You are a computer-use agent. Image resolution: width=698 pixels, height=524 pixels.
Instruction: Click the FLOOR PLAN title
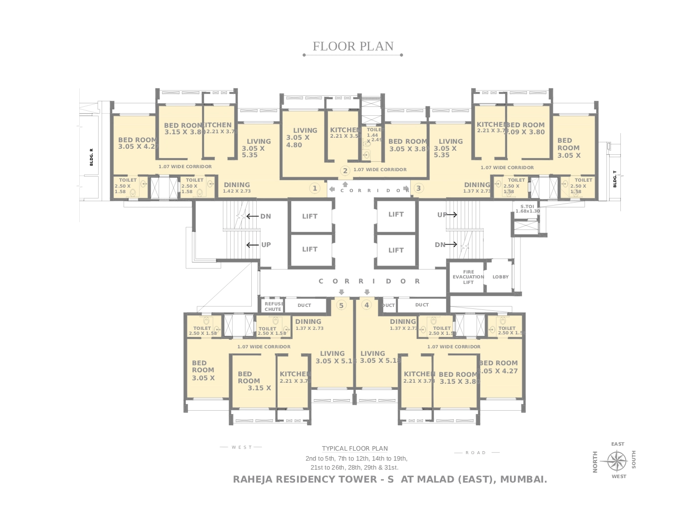coord(353,46)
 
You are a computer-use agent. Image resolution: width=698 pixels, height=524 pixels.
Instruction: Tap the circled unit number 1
coord(315,188)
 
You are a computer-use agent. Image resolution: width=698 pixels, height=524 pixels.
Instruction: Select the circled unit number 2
coord(345,171)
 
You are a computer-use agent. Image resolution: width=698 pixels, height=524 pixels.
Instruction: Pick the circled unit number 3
coord(418,188)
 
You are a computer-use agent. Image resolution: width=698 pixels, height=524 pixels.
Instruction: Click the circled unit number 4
coord(367,305)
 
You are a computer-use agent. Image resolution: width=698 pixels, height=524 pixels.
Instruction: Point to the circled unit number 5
coord(341,305)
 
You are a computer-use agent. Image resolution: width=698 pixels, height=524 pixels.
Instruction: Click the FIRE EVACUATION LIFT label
coord(468,277)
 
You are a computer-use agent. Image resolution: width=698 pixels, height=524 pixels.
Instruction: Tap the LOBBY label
coord(501,277)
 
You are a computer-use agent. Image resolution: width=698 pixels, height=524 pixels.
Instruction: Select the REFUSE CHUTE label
coord(273,306)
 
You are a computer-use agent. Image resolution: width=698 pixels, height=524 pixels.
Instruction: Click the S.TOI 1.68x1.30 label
coord(527,209)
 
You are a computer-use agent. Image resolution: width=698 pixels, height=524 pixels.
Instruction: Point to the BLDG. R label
coord(91,157)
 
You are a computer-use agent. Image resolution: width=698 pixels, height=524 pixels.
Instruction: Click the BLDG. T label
coord(615,179)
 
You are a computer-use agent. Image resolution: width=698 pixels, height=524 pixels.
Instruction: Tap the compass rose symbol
coord(617,460)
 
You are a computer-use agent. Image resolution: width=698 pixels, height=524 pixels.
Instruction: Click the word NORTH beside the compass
coord(595,462)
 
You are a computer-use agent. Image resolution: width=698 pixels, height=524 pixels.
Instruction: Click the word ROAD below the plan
coord(476,453)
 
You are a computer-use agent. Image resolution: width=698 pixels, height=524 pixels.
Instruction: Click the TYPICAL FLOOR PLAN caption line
coord(354,449)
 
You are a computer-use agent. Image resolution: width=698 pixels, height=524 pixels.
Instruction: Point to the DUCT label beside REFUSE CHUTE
coord(304,305)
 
